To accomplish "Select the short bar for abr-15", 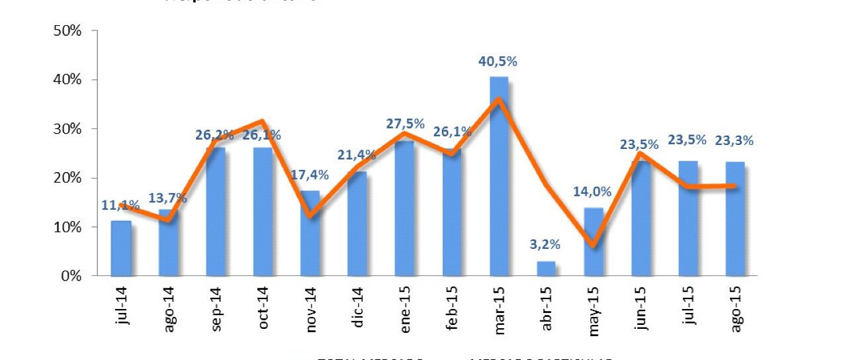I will pos(546,268).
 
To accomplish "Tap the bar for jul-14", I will pos(120,248).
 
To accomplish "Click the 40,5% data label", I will pos(498,62).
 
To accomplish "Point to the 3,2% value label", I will pos(545,245).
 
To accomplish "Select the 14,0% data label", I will pos(593,193).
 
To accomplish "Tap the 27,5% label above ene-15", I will pos(404,124).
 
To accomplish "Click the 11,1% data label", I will pos(120,206).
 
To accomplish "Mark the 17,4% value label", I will pos(310,176).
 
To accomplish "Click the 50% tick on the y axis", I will pos(67,30).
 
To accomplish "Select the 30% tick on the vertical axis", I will pos(67,128).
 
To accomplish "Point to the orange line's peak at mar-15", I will pos(499,99).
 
